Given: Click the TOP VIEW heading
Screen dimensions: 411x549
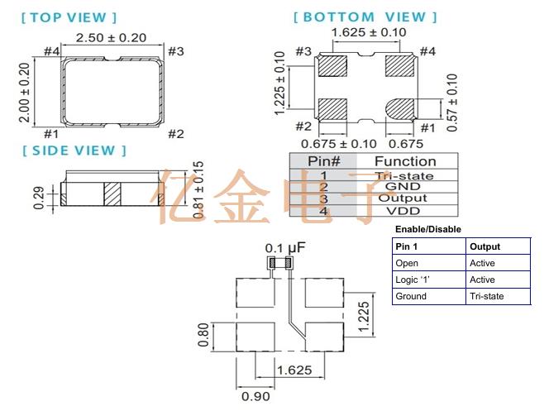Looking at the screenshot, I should (x=69, y=17).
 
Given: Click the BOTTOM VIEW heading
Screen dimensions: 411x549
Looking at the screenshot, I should (x=365, y=17).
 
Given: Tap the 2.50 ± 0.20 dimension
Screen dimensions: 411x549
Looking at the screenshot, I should (x=111, y=38).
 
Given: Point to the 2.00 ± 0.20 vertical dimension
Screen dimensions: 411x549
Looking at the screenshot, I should (x=24, y=92).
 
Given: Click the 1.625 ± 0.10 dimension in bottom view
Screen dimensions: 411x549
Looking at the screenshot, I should (x=368, y=33).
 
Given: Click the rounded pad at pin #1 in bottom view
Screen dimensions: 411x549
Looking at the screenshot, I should (x=401, y=108).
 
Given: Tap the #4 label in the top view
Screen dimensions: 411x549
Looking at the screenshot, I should (x=51, y=52).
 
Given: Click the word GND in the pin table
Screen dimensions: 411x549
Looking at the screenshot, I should (x=403, y=186).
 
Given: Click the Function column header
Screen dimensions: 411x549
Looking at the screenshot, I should (x=404, y=161).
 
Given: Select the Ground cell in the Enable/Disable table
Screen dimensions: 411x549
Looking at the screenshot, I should (x=411, y=296).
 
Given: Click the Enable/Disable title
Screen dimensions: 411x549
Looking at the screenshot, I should (x=427, y=229).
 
